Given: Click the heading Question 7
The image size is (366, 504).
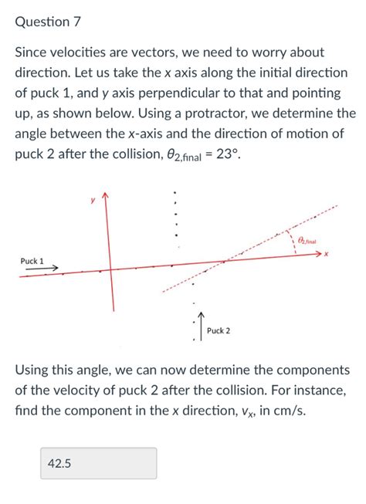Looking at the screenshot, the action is click(48, 22).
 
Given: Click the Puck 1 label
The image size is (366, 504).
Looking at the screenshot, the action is click(32, 261).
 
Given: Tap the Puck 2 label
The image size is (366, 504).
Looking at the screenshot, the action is click(219, 331).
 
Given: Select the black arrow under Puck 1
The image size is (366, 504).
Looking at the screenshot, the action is click(42, 269).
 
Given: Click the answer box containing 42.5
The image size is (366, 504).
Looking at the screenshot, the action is click(99, 463).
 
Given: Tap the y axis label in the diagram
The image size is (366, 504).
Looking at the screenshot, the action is click(92, 199).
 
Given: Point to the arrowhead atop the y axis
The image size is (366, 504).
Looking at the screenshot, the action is click(106, 195).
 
